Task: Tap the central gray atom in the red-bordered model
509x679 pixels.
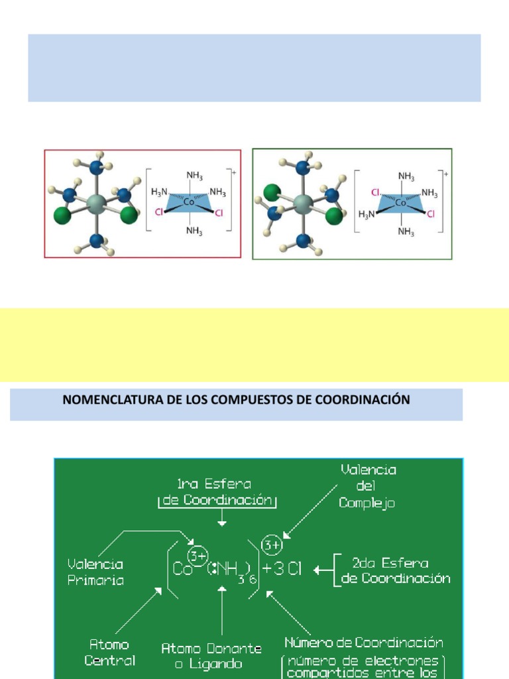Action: click(x=96, y=202)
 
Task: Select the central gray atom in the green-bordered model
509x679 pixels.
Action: click(x=303, y=203)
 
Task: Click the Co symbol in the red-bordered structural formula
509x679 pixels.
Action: click(x=189, y=202)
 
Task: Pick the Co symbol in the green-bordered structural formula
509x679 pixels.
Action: click(x=400, y=203)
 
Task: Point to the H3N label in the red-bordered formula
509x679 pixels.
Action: click(x=160, y=192)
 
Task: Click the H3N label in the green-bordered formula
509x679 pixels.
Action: click(x=367, y=214)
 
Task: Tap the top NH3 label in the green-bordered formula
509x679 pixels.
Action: click(x=407, y=176)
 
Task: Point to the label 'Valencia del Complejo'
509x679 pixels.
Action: click(x=368, y=487)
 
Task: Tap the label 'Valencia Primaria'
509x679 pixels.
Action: click(x=95, y=572)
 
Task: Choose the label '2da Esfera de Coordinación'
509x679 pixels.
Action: click(x=396, y=570)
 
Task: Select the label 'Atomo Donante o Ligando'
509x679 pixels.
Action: click(x=211, y=655)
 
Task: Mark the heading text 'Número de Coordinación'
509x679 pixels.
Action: click(x=364, y=643)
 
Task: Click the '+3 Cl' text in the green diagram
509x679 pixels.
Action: click(x=282, y=570)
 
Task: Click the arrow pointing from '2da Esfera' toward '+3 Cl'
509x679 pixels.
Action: click(x=322, y=570)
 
